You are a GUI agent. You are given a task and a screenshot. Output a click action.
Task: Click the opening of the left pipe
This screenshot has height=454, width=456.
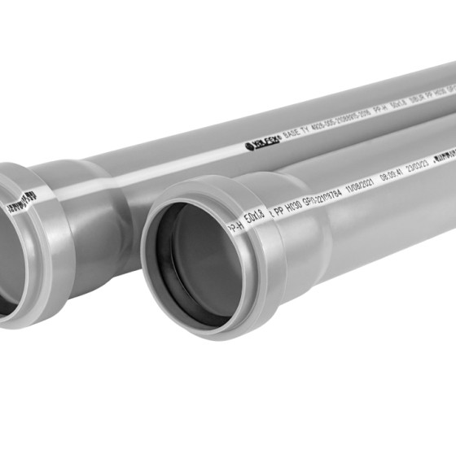(x=8, y=260)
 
